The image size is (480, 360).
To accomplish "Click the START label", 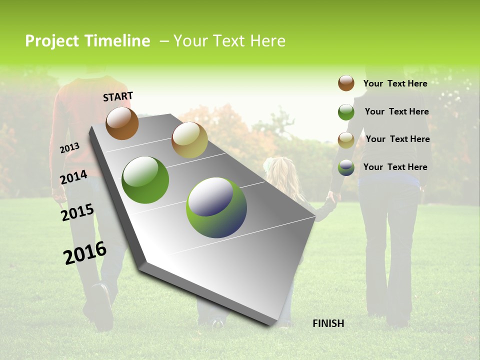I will coord(118,96).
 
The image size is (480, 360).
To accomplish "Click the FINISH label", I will coord(328,323).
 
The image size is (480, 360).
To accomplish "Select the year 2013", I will coord(69,148).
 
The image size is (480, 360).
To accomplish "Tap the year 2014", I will coord(73,177).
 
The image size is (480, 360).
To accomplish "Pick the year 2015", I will coord(77,212).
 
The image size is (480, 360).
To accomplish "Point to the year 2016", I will coord(85,253).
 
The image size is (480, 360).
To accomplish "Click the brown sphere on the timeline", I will coord(122,123).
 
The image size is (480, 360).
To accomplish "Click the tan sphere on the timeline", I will coord(189,140).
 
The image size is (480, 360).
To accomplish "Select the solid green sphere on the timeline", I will coord(145,180).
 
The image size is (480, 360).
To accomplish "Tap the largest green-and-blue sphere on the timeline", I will coord(216,207).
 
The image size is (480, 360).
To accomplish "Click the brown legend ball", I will coord(346,83).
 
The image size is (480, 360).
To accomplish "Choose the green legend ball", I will coord(346,112).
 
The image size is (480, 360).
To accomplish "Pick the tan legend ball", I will coord(346,139).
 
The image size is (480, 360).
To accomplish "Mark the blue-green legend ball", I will coord(346,167).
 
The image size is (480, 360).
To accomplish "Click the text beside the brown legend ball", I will coord(395,83).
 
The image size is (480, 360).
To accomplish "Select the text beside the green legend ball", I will coord(396,111).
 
